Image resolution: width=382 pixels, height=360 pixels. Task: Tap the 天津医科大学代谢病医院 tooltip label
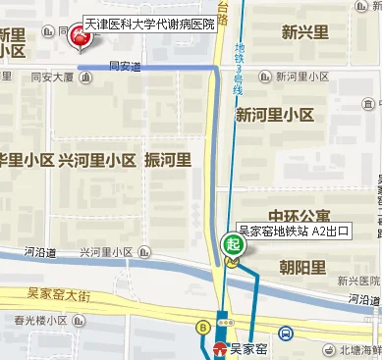[149, 22]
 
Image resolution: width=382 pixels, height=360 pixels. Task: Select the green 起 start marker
[233, 243]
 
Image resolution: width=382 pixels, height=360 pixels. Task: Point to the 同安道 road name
[125, 67]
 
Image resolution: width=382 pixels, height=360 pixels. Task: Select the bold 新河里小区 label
[274, 115]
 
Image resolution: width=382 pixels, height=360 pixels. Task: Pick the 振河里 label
[167, 160]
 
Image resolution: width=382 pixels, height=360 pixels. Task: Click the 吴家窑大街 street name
[58, 292]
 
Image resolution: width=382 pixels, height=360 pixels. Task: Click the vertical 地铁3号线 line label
[237, 66]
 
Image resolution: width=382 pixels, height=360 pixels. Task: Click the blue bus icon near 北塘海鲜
[284, 333]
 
